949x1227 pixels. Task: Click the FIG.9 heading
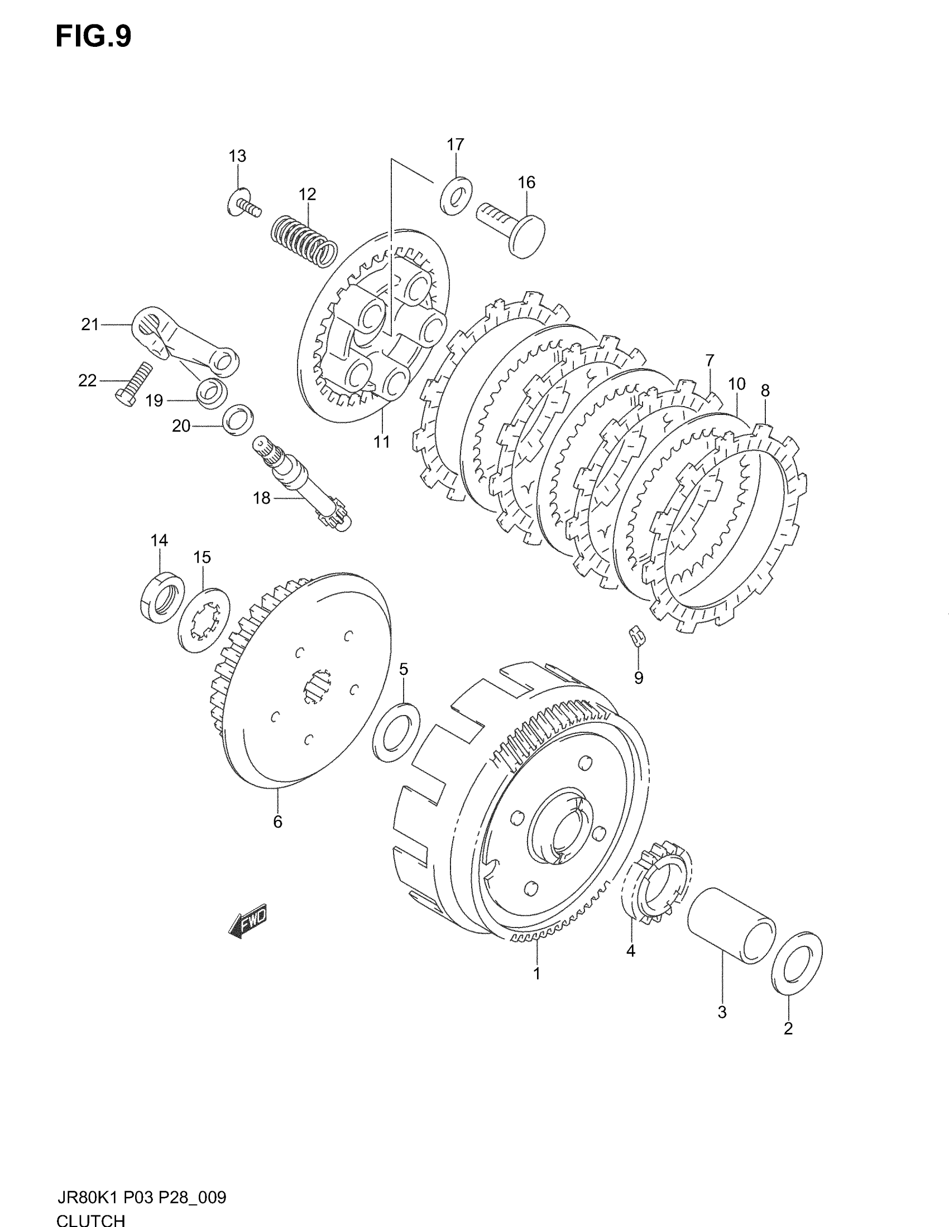tap(93, 37)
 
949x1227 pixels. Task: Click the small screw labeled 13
tap(244, 204)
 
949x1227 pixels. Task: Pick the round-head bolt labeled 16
tap(511, 228)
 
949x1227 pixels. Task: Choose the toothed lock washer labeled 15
tap(203, 620)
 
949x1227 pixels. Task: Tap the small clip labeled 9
tap(637, 636)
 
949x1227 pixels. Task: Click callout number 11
tap(382, 442)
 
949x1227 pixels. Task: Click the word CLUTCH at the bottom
tap(90, 1219)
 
